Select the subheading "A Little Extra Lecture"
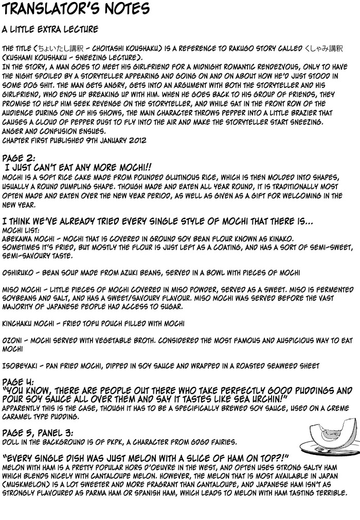pyautogui.click(x=50, y=29)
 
